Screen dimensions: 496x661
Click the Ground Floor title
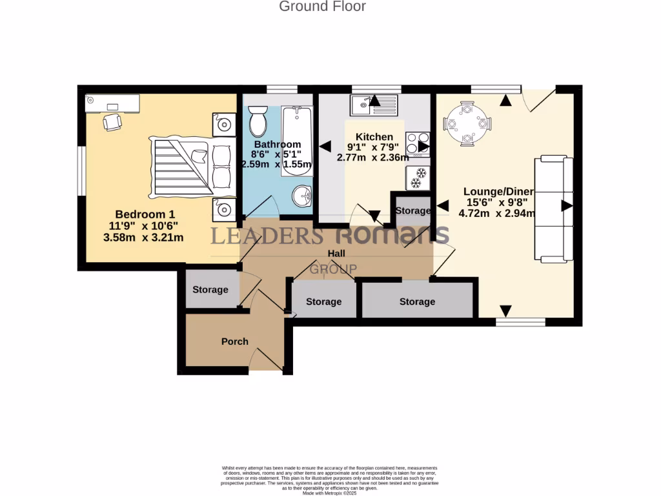click(x=322, y=7)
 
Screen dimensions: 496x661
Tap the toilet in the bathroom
click(x=258, y=120)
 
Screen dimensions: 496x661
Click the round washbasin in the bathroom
click(x=301, y=196)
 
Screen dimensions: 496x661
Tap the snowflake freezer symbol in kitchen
click(x=418, y=178)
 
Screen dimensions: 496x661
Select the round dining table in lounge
click(x=467, y=122)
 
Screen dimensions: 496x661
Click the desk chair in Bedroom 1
click(x=112, y=121)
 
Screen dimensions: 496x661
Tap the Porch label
click(x=234, y=342)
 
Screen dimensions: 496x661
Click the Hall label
click(x=336, y=254)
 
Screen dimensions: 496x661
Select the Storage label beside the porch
click(x=210, y=289)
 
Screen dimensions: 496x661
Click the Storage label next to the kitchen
click(x=413, y=211)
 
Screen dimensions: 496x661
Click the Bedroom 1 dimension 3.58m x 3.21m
click(x=143, y=237)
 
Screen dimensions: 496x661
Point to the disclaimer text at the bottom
click(x=330, y=477)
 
